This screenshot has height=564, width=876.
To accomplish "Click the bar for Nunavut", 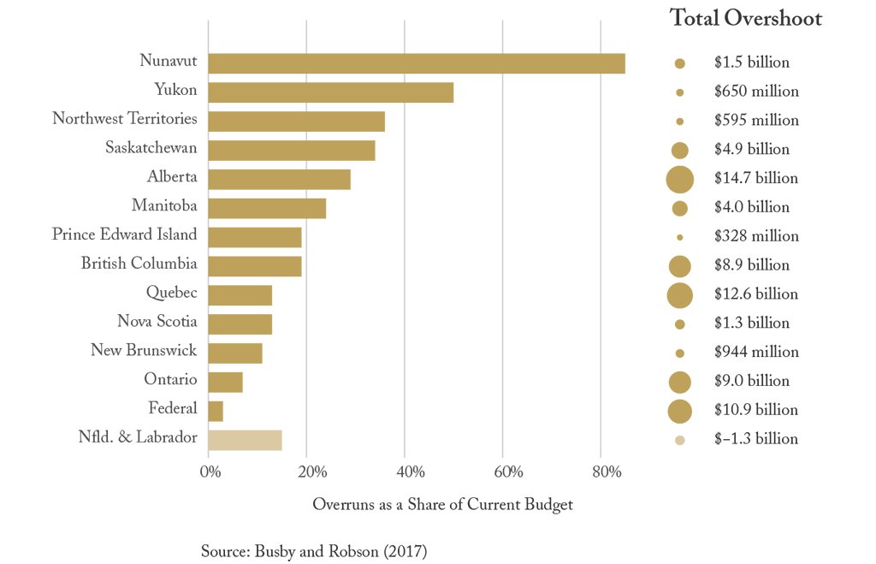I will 416,63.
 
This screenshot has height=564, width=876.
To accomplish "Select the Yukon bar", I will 330,92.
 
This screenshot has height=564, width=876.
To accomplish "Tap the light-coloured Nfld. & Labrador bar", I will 245,440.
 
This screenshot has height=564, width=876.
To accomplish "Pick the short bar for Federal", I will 216,411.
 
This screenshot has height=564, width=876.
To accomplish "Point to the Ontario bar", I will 225,382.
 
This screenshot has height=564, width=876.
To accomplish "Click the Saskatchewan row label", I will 151,148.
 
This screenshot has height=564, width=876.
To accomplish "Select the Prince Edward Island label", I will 124,235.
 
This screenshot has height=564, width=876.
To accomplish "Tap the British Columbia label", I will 139,264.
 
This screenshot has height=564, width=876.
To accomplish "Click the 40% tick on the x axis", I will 404,472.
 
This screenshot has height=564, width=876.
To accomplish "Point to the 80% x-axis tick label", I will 601,472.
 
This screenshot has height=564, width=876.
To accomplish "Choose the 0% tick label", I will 210,472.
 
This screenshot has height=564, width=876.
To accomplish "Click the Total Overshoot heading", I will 745,19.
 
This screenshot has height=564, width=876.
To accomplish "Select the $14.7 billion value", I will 755,178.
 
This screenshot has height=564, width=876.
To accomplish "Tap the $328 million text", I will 756,236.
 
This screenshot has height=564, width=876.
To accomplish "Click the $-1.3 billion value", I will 755,439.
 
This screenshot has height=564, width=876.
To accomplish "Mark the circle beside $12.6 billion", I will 680,294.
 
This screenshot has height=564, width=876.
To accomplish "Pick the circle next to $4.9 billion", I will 680,150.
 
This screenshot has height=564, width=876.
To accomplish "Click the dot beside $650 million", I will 680,92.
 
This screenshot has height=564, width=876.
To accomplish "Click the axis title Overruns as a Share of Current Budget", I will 442,505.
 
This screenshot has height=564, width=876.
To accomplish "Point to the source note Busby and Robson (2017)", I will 313,551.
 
